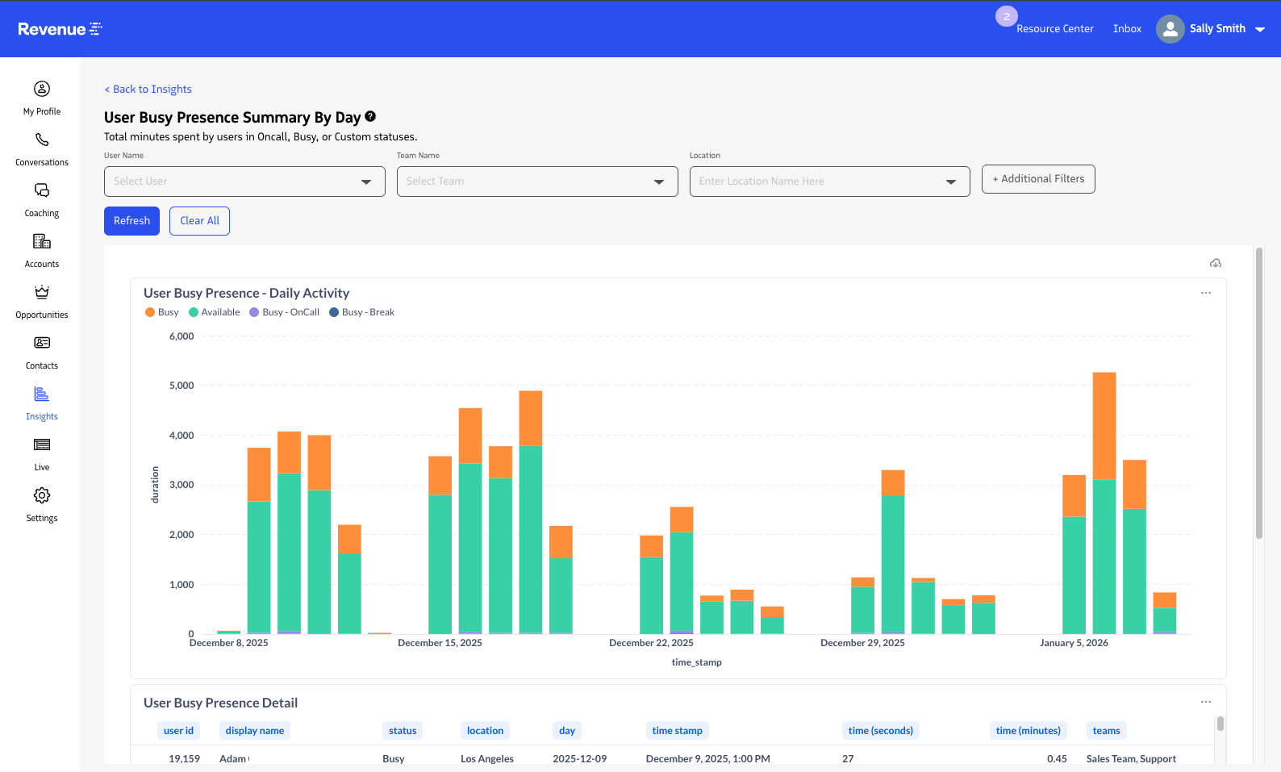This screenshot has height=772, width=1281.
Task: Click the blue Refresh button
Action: point(131,221)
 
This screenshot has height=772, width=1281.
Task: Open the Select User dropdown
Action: point(244,182)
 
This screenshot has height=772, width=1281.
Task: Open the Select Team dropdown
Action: point(536,182)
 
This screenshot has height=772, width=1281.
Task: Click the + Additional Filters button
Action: point(1037,179)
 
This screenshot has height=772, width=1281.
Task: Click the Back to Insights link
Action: point(148,90)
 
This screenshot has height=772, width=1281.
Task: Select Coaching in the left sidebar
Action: point(42,199)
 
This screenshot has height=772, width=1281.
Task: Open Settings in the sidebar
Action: point(42,504)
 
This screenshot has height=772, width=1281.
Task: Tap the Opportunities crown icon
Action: point(42,293)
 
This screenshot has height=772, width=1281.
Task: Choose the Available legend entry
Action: point(215,312)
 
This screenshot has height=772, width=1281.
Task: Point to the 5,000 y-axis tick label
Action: point(182,386)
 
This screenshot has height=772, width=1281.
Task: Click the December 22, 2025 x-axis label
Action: point(651,643)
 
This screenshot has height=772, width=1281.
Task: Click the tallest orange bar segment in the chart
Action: point(1104,426)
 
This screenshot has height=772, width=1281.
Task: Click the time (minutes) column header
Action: point(1028,731)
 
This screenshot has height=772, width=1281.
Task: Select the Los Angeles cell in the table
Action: point(487,759)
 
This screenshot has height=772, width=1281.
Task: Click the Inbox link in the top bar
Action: point(1127,29)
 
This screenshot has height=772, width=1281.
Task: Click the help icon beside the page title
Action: point(370,116)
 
